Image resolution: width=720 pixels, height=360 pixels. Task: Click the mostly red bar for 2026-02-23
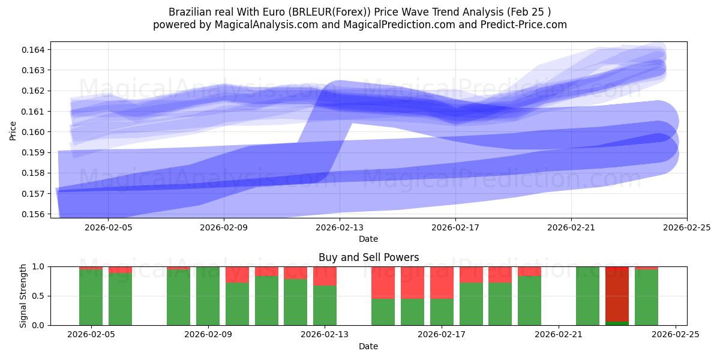click(617, 294)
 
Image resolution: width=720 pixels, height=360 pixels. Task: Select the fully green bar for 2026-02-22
click(587, 296)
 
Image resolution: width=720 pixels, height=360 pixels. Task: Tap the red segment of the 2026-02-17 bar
click(442, 282)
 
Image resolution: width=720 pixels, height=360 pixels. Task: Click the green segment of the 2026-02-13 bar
click(325, 305)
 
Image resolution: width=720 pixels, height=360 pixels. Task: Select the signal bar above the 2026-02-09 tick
click(208, 296)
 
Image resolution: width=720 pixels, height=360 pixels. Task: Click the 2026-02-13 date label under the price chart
click(340, 227)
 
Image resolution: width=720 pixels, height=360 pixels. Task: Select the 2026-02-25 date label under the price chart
click(686, 227)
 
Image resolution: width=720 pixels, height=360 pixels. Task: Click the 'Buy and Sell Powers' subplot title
click(368, 257)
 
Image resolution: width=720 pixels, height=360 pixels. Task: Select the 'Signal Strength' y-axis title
click(24, 295)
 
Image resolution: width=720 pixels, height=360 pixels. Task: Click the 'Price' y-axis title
click(13, 131)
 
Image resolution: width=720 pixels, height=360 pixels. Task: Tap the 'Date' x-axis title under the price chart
click(368, 239)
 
